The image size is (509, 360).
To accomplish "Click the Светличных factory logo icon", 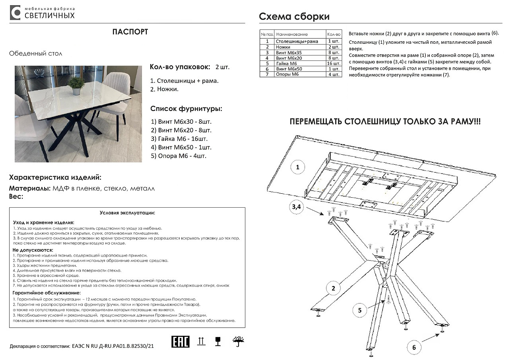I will click(x=15, y=13).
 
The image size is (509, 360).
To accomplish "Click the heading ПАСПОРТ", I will click(x=130, y=32).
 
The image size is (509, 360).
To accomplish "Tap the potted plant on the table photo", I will click(x=76, y=85).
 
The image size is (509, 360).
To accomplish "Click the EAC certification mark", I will click(x=180, y=341).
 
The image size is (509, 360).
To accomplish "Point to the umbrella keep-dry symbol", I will click(x=238, y=341).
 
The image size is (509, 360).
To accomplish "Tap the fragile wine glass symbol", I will click(x=218, y=341).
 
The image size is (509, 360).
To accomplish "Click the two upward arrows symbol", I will click(x=202, y=341).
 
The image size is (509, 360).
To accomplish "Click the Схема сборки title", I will click(x=294, y=17).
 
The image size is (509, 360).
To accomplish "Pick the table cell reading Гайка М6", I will click(x=286, y=63).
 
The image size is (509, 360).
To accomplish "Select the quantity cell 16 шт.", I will click(x=334, y=63).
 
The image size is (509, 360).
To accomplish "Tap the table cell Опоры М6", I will click(x=287, y=74).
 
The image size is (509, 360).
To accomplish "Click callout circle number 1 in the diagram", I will click(x=297, y=167).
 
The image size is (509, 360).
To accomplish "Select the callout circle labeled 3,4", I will click(x=297, y=207).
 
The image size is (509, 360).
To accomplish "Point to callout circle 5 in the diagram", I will click(x=359, y=310).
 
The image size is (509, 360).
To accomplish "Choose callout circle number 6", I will click(x=414, y=347).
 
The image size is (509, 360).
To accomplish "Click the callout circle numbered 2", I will click(x=333, y=288).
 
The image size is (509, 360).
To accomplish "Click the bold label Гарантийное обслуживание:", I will click(x=41, y=293).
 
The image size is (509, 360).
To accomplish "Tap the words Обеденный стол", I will click(x=36, y=53).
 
